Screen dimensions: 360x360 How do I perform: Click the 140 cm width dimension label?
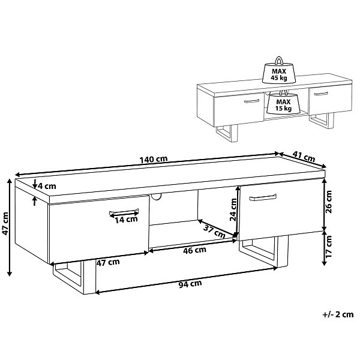tap(154, 159)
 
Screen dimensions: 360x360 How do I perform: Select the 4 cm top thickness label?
tap(47, 186)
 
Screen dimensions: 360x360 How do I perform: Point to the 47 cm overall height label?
tap(5, 224)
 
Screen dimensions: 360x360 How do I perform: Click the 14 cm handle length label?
tap(126, 220)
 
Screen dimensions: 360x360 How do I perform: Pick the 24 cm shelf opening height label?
tap(233, 209)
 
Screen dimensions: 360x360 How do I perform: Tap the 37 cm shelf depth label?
tap(214, 231)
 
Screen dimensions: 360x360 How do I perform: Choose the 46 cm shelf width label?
tap(194, 250)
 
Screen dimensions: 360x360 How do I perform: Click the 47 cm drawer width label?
tap(108, 262)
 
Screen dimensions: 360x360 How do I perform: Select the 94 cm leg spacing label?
tap(190, 284)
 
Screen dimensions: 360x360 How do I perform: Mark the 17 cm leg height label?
tap(329, 247)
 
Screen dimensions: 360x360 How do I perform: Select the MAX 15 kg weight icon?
tap(284, 102)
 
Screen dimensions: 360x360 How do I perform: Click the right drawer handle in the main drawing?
tap(263, 197)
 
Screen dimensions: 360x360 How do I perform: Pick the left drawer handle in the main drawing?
tap(124, 212)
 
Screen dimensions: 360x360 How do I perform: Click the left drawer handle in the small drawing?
tap(251, 101)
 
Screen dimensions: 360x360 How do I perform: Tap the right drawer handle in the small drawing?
tap(322, 94)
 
